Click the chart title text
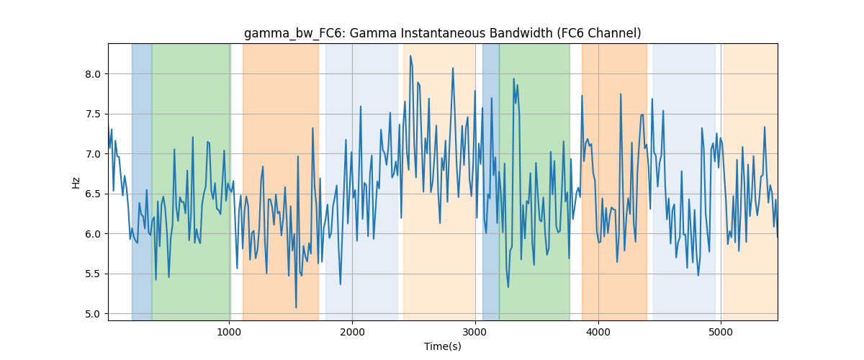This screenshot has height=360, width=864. [442, 34]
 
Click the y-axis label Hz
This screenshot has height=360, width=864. [76, 182]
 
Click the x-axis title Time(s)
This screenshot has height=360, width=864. [442, 346]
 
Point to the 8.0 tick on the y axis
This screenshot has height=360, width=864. [93, 74]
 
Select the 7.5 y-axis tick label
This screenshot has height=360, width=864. [93, 114]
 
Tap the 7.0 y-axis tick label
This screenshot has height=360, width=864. [93, 154]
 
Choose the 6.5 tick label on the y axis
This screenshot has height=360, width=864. [93, 194]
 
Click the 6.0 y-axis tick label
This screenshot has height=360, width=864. [93, 234]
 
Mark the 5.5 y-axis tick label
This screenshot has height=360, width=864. [93, 274]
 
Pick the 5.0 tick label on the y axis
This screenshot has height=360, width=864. [93, 314]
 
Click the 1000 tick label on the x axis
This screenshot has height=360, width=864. [229, 332]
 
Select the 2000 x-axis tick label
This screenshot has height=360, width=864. [352, 332]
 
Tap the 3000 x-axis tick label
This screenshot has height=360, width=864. [475, 332]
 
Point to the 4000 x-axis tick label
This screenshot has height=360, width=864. [598, 332]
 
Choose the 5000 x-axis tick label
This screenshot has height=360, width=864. [721, 332]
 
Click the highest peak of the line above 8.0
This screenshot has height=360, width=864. [410, 56]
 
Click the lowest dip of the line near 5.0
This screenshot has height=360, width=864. [296, 307]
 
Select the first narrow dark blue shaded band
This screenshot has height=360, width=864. [142, 181]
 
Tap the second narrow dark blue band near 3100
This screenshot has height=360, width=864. [490, 181]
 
